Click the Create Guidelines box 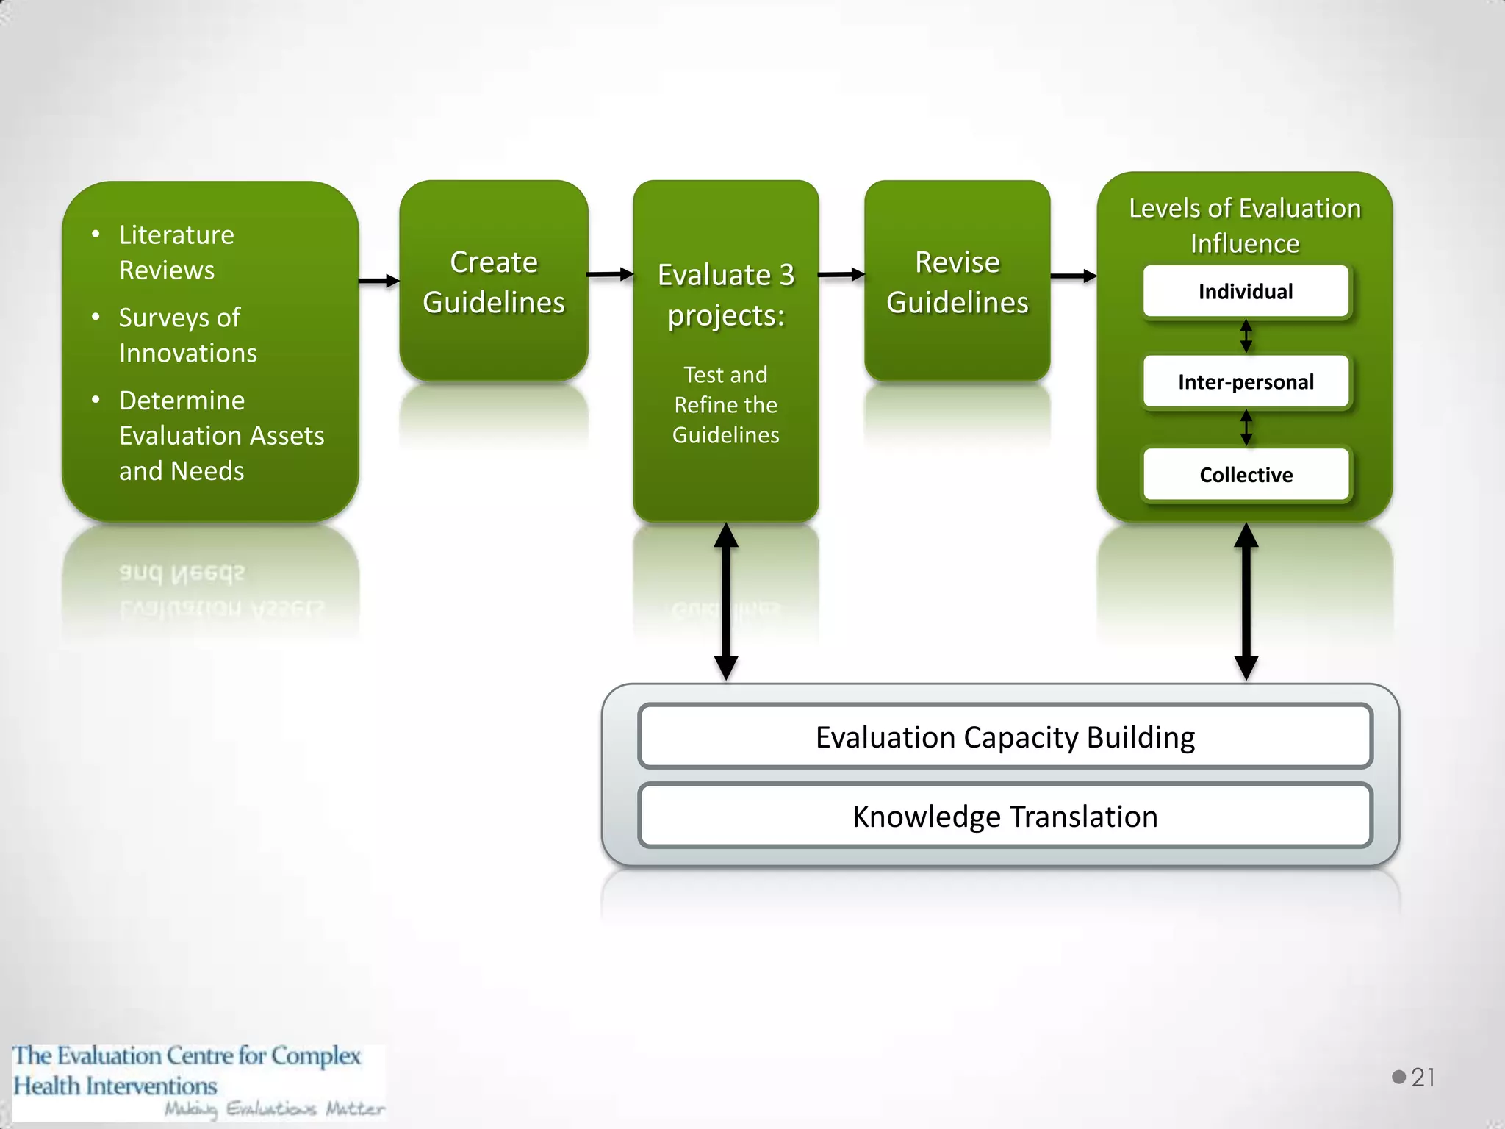coord(493,282)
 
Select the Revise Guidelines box coord(957,282)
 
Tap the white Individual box coord(1246,292)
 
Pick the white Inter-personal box coord(1246,382)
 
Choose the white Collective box coord(1246,475)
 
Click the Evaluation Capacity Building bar coord(1005,737)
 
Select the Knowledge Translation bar coord(1005,817)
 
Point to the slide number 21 coord(1423,1078)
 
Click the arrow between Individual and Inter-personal coord(1246,337)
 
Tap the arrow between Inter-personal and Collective coord(1246,428)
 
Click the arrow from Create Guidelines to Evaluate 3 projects coord(610,275)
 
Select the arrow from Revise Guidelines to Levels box coord(1074,276)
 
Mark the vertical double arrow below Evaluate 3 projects coord(726,601)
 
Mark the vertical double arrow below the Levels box coord(1246,601)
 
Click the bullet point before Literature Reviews coord(96,234)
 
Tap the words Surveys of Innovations coord(187,335)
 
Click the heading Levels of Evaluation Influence coord(1245,226)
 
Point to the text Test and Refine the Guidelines coord(725,405)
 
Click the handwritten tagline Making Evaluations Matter coord(273,1108)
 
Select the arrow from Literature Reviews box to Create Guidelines coord(378,281)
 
